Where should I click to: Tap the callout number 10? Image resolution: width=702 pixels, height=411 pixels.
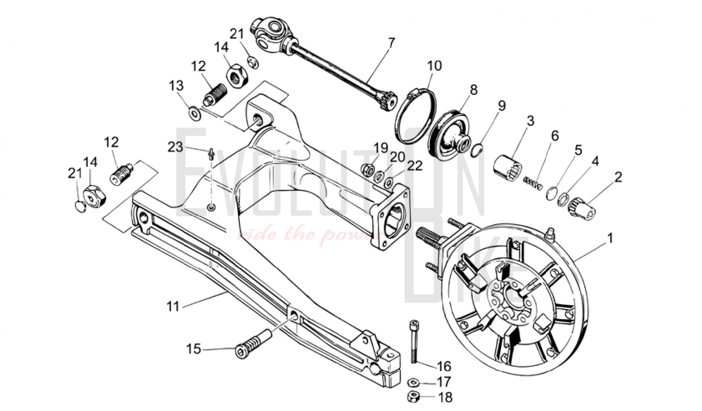(434, 66)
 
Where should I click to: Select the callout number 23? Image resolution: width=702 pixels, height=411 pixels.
(175, 147)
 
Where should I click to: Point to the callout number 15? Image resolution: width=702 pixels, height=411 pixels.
(194, 349)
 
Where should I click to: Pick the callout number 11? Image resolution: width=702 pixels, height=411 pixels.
(173, 306)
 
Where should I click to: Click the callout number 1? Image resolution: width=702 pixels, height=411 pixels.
(610, 238)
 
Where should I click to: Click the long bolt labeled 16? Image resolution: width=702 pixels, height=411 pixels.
(414, 341)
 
